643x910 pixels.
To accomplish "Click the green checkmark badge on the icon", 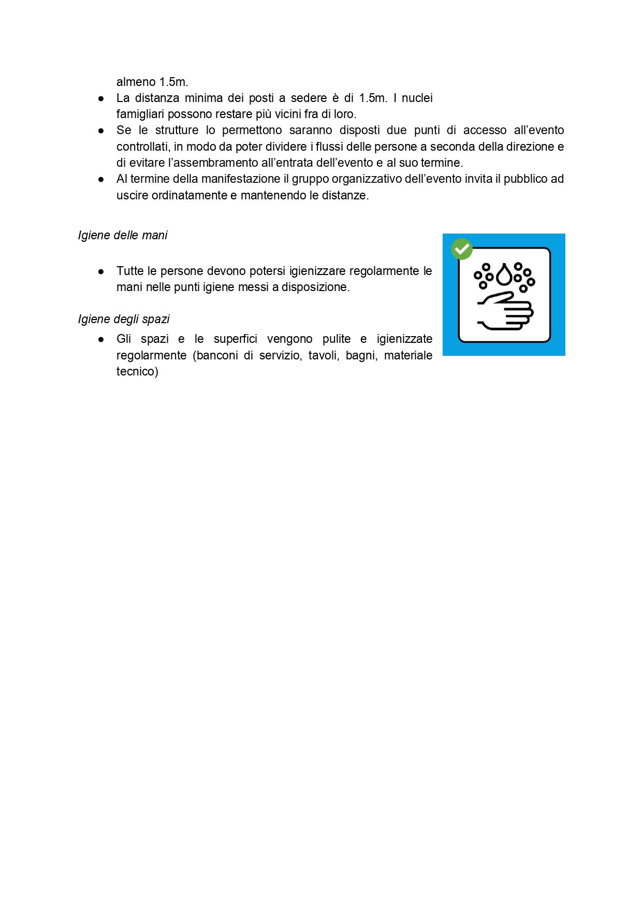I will pos(462,249).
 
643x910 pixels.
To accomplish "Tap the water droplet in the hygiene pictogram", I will pos(504,275).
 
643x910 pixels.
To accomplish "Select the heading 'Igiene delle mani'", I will pos(123,235).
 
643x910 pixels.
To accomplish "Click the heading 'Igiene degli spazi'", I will pos(124,319).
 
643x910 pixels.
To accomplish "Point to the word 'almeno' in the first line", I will pos(136,82).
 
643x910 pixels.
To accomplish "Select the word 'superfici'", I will pos(235,339).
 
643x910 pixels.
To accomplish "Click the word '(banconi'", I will pos(215,355).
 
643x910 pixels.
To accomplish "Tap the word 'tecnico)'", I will pos(137,371).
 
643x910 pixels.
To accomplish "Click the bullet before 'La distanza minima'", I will pos(101,98).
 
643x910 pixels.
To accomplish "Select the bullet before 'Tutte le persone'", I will pos(101,271).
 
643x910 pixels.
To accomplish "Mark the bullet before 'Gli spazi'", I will pos(101,339).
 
